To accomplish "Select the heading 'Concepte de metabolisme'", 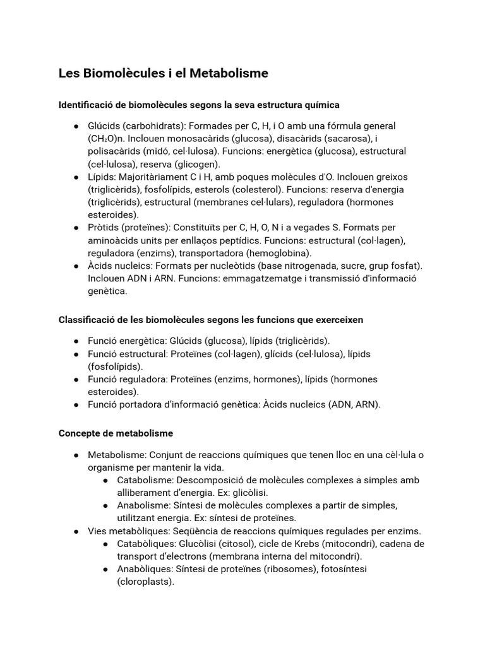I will pyautogui.click(x=116, y=433).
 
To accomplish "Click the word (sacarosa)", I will pyautogui.click(x=347, y=138).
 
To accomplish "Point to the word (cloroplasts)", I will pyautogui.click(x=145, y=582).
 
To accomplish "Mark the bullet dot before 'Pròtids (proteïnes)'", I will pyautogui.click(x=76, y=227).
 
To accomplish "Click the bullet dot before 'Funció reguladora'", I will pyautogui.click(x=76, y=379).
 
